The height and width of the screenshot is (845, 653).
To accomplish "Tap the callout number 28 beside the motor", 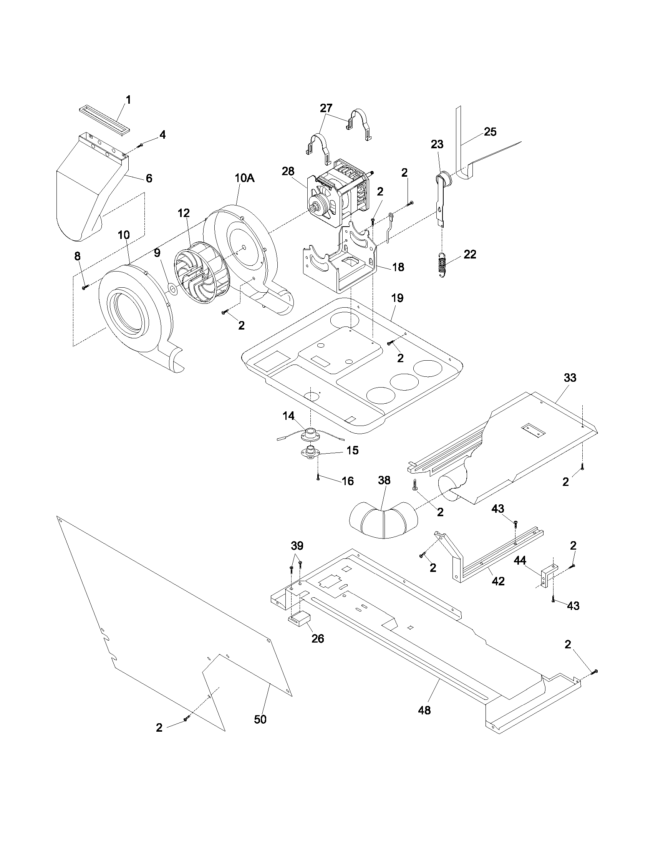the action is tap(288, 171).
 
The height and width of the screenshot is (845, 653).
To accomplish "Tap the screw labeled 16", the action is tap(317, 477).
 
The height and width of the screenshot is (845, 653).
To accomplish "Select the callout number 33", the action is tap(570, 378).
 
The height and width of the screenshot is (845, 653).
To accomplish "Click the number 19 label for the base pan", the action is tap(397, 298).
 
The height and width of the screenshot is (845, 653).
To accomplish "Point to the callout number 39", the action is tap(297, 546).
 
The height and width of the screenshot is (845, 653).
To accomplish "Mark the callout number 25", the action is tap(490, 131).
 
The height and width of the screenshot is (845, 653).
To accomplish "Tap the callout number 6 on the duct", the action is tap(149, 178).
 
